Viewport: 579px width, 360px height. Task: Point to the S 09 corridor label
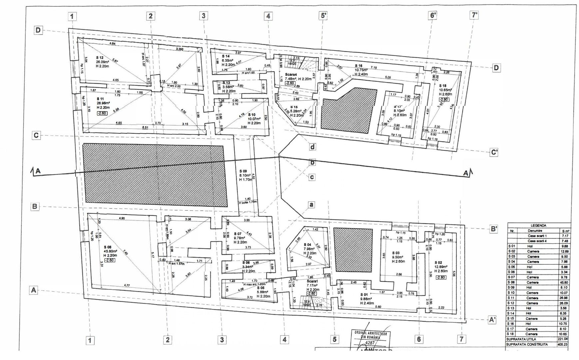[x=243, y=171]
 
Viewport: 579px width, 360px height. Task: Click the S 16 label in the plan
[x=358, y=66]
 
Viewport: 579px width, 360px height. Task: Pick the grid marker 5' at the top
[x=322, y=16]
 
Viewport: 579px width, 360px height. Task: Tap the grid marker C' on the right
[x=494, y=152]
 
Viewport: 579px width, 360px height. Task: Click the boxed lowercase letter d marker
[x=312, y=147]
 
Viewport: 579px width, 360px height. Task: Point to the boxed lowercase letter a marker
[x=311, y=204]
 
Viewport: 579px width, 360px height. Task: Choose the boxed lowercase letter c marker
[x=312, y=177]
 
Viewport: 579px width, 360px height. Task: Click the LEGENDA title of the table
[x=538, y=225]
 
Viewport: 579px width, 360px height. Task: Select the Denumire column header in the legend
[x=534, y=231]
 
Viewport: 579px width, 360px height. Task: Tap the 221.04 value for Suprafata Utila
[x=562, y=339]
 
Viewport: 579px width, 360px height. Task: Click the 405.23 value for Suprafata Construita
[x=562, y=345]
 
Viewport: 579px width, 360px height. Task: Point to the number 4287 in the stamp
[x=371, y=342]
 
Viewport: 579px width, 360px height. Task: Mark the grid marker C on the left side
[x=36, y=135]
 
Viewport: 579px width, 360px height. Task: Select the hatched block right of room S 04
[x=353, y=249]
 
